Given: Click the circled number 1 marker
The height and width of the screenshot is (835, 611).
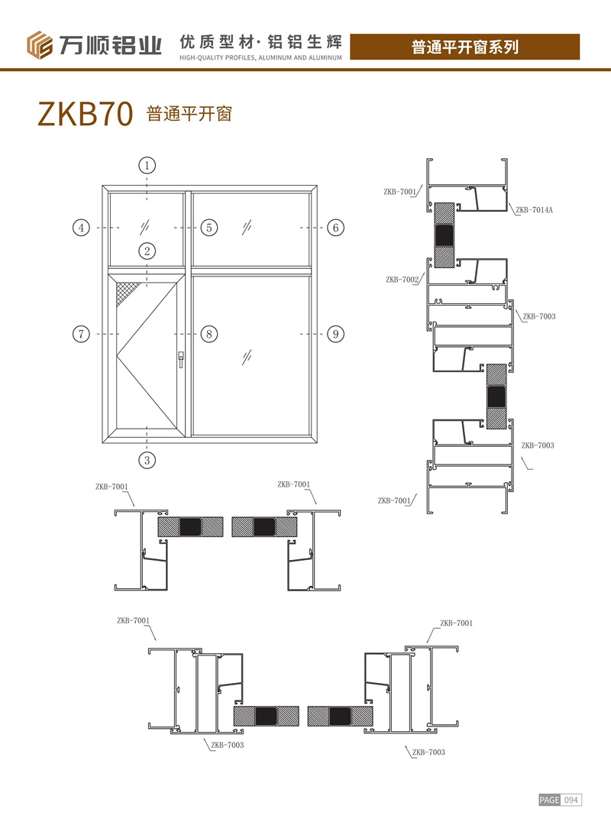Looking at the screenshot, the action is coord(147,165).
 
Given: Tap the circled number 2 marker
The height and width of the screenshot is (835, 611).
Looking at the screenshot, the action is coord(147,251).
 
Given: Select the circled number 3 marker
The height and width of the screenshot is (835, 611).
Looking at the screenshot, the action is coord(147,460).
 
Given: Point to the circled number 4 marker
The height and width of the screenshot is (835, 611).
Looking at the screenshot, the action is coord(81,228).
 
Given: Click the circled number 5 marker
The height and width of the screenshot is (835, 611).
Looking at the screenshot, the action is coord(209,228).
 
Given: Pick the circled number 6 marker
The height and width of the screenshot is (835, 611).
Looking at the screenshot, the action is coord(335,228).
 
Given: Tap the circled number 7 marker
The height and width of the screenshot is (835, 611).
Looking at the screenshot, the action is coord(81,334).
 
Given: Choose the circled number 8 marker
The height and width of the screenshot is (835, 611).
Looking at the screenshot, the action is coord(209,334).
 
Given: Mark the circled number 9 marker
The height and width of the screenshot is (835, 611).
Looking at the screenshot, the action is coord(335,334).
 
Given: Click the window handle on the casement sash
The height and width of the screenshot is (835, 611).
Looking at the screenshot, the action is coord(181,359).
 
